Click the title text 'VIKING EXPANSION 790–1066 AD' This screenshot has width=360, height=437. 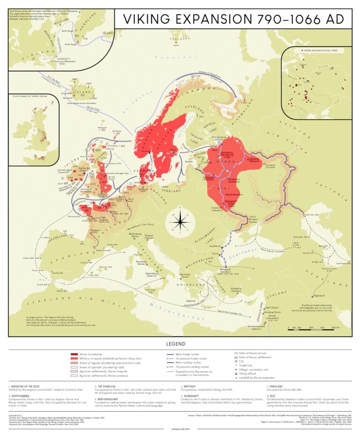coord(230,19)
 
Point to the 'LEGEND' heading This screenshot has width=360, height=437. coord(180,345)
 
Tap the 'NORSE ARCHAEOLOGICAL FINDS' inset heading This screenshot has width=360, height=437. coord(321,49)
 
